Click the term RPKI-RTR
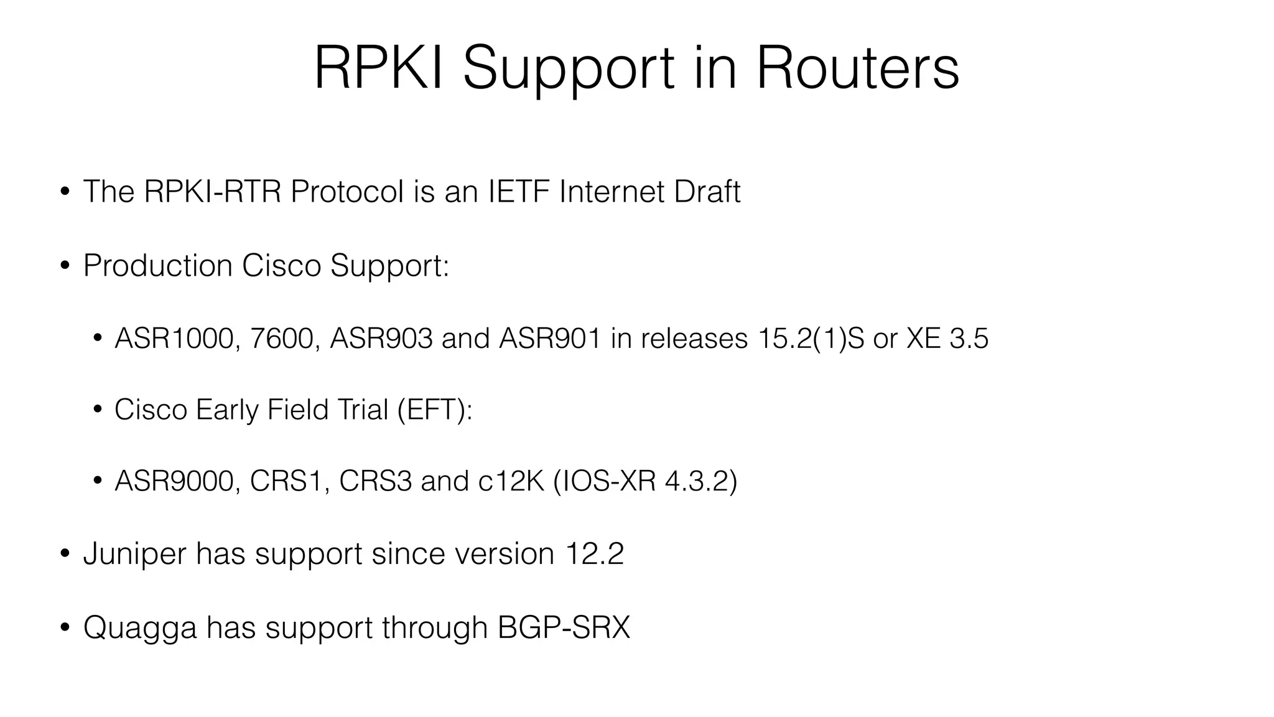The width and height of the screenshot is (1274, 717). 212,191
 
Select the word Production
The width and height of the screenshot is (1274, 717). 157,266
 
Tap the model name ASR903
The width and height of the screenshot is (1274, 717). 381,339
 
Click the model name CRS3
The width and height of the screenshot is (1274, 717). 375,481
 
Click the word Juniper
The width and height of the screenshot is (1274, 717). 134,554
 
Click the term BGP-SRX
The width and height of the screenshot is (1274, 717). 564,627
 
